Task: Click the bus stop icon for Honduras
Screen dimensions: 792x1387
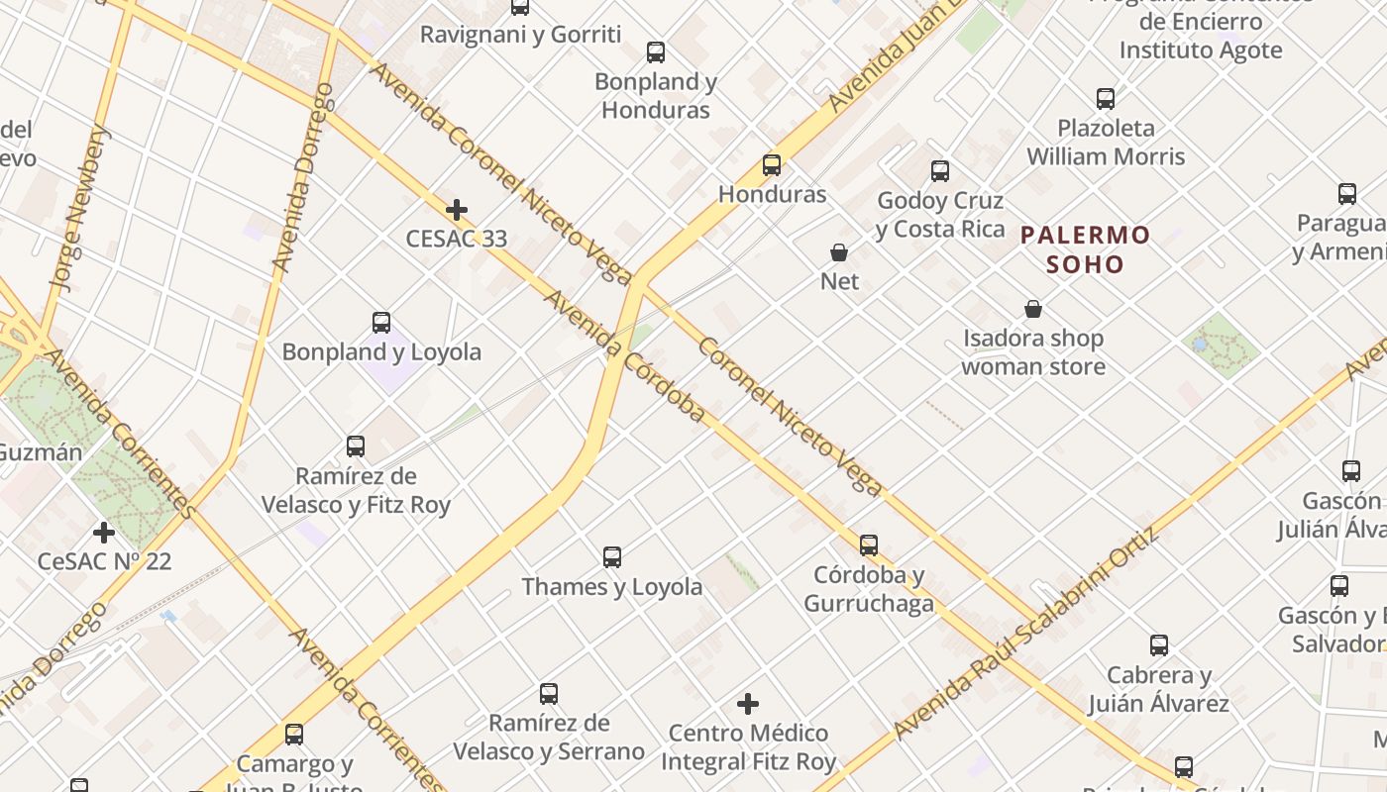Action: [772, 165]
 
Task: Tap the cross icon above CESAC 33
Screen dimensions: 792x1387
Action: [457, 210]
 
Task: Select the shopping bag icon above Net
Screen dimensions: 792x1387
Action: [839, 252]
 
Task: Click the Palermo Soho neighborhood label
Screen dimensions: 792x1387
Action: [1086, 249]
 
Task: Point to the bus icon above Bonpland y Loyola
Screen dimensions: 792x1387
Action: [381, 323]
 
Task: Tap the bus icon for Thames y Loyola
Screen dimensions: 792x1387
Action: [612, 557]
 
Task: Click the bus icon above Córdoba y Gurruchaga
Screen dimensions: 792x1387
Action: [869, 545]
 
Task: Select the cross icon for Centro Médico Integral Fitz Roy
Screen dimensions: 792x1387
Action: [748, 704]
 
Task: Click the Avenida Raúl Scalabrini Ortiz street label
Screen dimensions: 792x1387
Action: [1025, 634]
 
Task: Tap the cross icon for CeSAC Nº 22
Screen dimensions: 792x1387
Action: [104, 533]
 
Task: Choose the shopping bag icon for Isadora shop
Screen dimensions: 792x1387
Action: [1033, 310]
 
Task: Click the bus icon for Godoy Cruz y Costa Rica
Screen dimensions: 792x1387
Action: [940, 171]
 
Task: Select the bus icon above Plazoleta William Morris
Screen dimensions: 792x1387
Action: [1106, 99]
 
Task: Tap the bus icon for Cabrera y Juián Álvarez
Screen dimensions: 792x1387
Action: [1159, 646]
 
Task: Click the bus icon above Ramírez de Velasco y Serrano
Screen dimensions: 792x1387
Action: [549, 694]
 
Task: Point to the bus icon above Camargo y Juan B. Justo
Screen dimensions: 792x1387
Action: [294, 735]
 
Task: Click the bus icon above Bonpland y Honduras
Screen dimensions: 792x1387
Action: [656, 52]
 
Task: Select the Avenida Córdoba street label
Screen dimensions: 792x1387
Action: [625, 355]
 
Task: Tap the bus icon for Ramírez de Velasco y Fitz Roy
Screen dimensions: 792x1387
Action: [356, 446]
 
